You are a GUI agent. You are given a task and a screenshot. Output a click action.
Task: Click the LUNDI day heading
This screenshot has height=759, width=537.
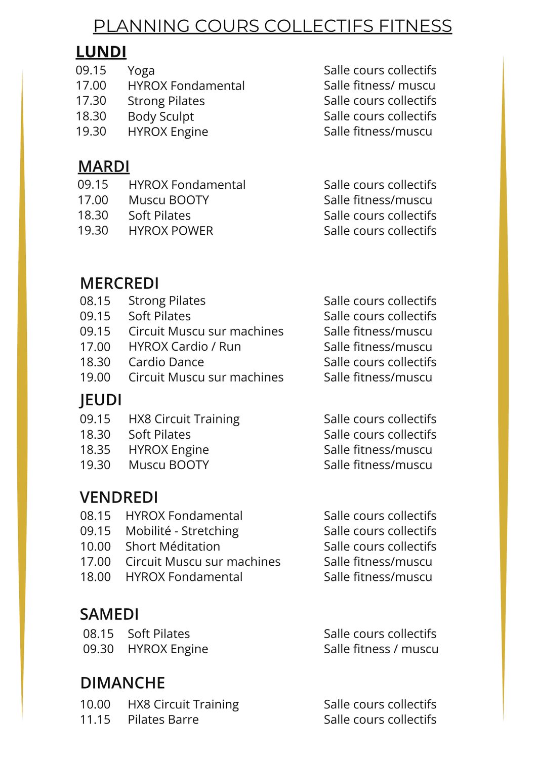(101, 52)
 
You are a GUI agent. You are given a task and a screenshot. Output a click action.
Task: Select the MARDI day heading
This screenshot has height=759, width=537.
(104, 166)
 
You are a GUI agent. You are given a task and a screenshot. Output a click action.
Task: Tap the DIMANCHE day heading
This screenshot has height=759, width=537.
(122, 683)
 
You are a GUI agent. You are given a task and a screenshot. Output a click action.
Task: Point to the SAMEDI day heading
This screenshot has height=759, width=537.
(109, 614)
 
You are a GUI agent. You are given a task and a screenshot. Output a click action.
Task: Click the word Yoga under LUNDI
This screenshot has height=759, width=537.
(141, 71)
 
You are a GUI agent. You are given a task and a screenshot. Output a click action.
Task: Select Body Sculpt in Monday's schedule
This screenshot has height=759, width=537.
(161, 116)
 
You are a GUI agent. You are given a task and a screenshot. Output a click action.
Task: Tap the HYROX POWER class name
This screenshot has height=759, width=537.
(171, 231)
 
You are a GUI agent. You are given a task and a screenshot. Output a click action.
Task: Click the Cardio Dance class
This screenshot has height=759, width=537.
(166, 362)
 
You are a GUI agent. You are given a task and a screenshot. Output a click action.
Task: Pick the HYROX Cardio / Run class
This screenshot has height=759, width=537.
(185, 347)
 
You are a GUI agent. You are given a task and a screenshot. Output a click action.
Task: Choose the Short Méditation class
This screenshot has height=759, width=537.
(173, 546)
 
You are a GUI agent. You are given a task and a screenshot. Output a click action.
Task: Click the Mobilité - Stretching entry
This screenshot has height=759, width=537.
(182, 531)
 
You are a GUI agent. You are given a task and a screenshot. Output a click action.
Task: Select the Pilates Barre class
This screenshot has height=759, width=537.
(163, 720)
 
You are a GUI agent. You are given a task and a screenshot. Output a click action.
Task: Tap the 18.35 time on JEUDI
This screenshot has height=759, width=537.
(95, 450)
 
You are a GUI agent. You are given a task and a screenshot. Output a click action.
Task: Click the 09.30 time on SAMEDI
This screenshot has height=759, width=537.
(98, 649)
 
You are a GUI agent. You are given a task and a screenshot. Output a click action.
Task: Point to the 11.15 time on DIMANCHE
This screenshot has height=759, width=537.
(95, 720)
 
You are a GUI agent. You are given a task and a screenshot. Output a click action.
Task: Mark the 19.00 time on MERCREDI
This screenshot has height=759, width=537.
(95, 377)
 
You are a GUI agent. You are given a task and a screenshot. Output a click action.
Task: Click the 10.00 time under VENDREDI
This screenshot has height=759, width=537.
(95, 546)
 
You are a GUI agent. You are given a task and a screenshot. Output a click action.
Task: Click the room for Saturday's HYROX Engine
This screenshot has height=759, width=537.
(381, 649)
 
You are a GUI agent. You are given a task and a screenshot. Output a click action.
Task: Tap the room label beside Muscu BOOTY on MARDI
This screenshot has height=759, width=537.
(378, 200)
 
